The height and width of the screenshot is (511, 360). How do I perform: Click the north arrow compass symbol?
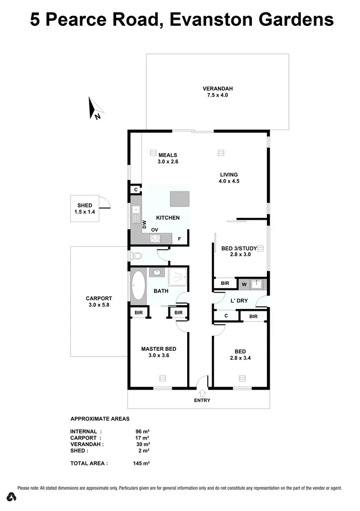95,108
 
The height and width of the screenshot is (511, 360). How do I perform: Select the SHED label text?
84,205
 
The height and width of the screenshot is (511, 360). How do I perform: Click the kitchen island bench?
180,199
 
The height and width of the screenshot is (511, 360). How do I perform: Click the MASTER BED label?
158,349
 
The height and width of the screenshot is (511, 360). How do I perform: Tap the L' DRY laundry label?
239,300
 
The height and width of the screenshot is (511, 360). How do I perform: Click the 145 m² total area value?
142,463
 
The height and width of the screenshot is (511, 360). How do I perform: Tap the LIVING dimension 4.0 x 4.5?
229,181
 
